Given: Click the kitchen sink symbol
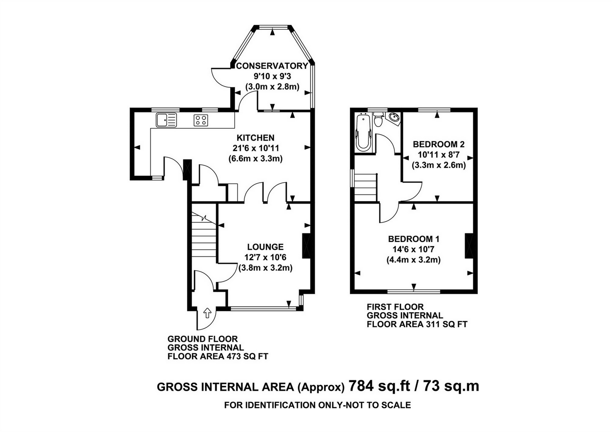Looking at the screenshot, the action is (166, 120).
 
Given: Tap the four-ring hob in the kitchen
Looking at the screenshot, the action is (201, 120).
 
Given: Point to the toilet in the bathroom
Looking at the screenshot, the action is (379, 119).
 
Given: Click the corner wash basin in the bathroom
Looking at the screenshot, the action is (394, 118).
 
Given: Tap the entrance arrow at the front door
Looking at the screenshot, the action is (207, 313).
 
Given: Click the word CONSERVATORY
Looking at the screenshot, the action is (272, 66).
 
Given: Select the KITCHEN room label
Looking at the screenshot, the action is (256, 137).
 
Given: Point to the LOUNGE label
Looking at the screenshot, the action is (265, 247).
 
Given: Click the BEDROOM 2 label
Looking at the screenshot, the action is (439, 144).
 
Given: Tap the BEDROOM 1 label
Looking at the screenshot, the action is (413, 239).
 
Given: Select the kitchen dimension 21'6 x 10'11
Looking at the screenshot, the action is (256, 148).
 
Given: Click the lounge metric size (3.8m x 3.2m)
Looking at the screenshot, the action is (266, 268).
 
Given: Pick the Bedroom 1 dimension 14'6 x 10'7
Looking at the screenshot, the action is (413, 249).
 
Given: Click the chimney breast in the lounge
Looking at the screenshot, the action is (306, 246).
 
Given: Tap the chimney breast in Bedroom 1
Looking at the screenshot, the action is (469, 246).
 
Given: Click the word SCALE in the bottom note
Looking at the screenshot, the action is (396, 405).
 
